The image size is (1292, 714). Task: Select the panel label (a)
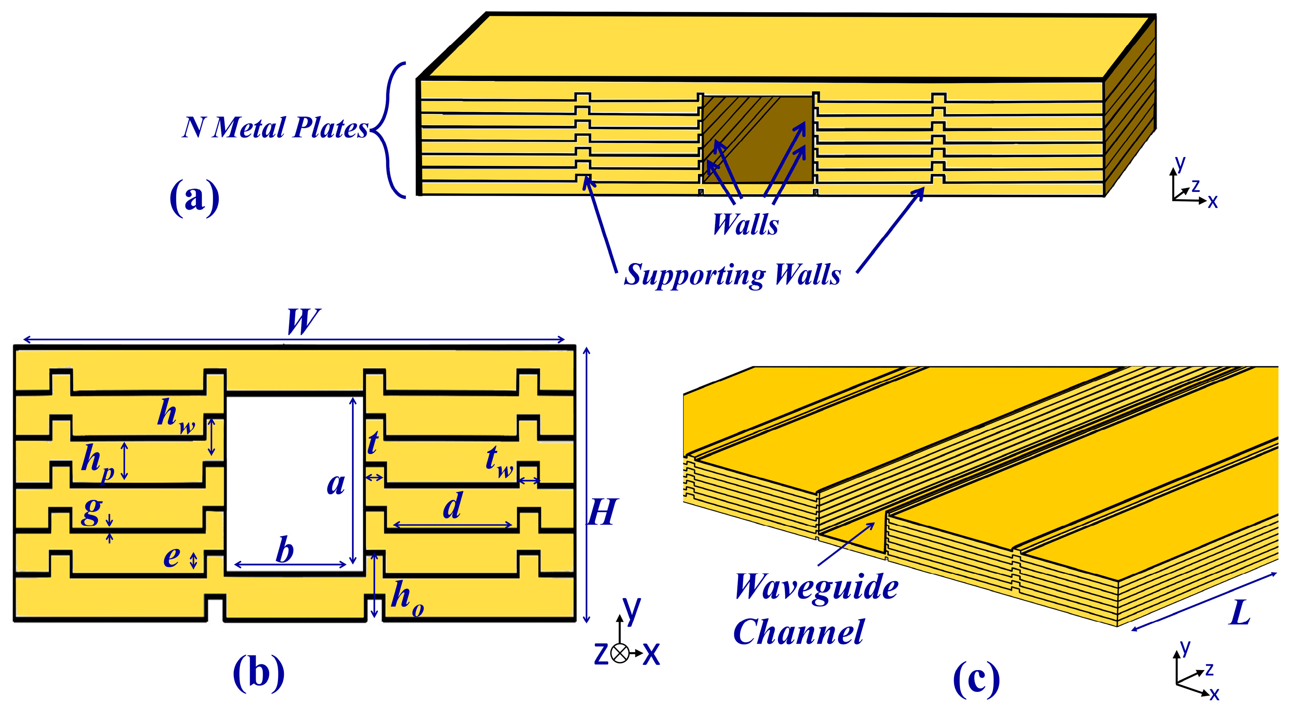[195, 197]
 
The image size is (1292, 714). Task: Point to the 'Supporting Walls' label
[732, 274]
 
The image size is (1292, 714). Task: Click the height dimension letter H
[601, 513]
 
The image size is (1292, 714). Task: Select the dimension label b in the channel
[285, 551]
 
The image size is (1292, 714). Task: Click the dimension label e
[172, 557]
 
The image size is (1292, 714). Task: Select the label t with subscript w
[498, 461]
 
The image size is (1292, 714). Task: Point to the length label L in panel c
[1239, 613]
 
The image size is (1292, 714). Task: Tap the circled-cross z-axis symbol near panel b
[620, 653]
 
